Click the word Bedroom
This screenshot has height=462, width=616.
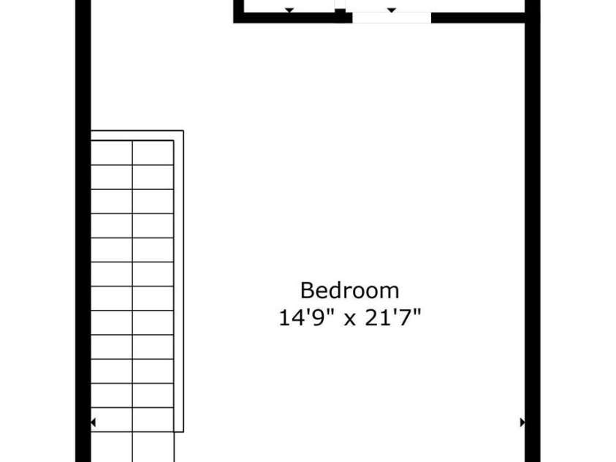point(350,290)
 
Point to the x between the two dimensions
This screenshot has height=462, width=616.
point(350,320)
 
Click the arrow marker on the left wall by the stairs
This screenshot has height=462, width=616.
point(93,423)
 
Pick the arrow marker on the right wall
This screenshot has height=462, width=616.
point(522,423)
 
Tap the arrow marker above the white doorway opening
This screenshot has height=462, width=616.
point(392,10)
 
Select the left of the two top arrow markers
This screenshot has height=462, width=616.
point(289,10)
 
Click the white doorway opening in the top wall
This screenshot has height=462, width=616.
point(392,18)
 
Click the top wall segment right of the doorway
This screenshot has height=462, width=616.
point(479,18)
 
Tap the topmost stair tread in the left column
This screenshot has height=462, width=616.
point(111,153)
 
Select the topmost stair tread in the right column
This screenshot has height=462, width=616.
point(153,153)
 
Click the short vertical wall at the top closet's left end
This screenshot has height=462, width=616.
point(237,9)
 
